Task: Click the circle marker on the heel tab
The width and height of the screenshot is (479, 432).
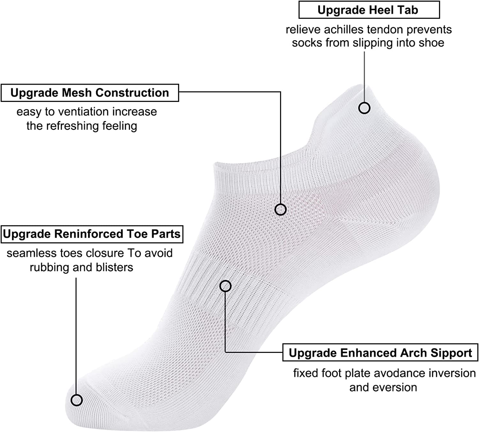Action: pos(364,108)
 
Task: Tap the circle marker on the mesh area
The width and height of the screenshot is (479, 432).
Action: pos(280,209)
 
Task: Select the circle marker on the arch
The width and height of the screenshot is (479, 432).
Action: pos(225,286)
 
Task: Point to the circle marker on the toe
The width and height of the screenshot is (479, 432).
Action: pos(77,400)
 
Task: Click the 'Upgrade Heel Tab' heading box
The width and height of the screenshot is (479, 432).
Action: pos(369,10)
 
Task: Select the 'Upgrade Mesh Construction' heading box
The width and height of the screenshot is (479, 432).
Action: pos(90,93)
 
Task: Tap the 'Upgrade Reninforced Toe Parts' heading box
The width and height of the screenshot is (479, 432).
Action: pos(92,234)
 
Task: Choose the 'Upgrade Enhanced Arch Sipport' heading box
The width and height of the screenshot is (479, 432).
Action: pos(380,353)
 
